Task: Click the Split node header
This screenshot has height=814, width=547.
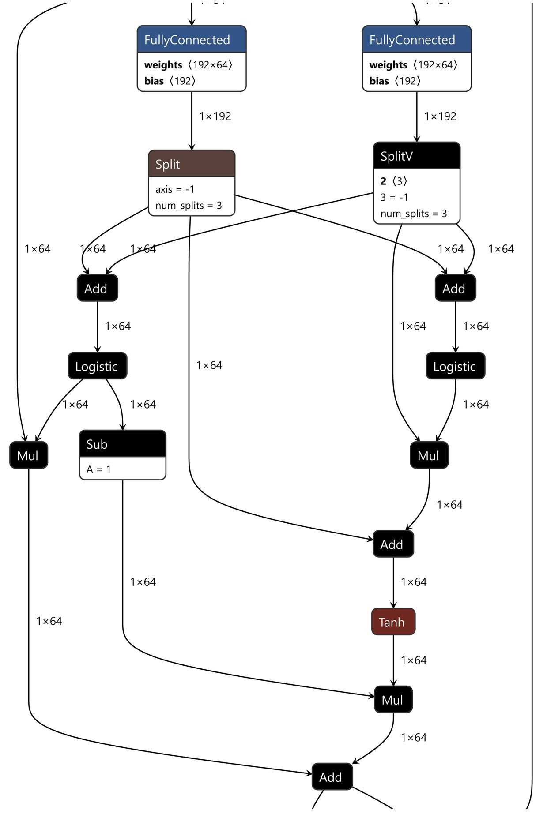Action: coord(191,164)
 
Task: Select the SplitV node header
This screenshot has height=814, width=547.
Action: coord(416,156)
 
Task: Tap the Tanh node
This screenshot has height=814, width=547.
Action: coord(393,622)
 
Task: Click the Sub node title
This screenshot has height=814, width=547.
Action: coord(122,444)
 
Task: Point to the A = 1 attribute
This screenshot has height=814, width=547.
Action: coord(99,469)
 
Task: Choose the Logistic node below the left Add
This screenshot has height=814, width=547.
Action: coord(97,366)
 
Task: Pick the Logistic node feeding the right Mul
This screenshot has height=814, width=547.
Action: coord(455,366)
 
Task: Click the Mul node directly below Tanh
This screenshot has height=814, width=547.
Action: coord(393,699)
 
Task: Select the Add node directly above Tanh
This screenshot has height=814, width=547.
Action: coord(393,544)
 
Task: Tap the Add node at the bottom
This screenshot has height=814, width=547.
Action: coord(332,777)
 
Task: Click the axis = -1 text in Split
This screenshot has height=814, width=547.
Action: coord(175,189)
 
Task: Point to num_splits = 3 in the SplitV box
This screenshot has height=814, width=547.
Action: coord(414,214)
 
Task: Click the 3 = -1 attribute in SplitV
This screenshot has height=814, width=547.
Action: coord(394,197)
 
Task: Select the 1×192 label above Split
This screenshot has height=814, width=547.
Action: coord(215,116)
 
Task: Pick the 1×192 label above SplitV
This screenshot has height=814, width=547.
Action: coord(440,116)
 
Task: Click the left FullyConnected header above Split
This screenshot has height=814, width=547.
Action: coord(191,40)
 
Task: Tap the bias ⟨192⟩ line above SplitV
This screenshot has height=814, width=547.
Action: coord(395,81)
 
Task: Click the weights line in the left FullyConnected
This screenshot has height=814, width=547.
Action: coord(188,65)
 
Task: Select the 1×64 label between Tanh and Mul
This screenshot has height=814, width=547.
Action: coord(414,660)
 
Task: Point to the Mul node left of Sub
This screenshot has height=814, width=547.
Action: coord(28,455)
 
